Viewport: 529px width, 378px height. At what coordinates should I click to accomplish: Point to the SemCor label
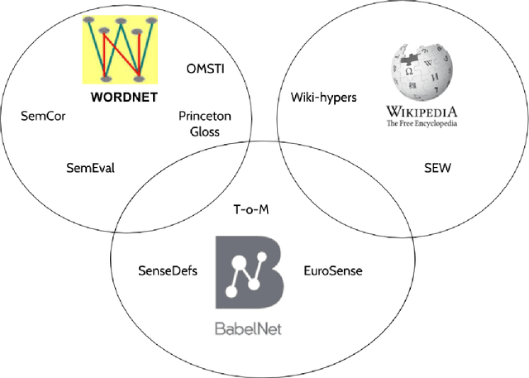pyautogui.click(x=43, y=117)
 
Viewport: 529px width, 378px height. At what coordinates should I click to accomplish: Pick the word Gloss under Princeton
pyautogui.click(x=204, y=132)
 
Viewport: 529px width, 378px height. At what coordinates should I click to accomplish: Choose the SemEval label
pyautogui.click(x=90, y=168)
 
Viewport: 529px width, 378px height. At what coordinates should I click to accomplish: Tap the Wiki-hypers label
pyautogui.click(x=323, y=98)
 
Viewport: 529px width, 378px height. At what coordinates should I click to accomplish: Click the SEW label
pyautogui.click(x=437, y=168)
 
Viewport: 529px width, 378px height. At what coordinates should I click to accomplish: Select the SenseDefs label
pyautogui.click(x=168, y=270)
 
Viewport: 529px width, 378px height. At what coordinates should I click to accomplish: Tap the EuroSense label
pyautogui.click(x=332, y=270)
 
